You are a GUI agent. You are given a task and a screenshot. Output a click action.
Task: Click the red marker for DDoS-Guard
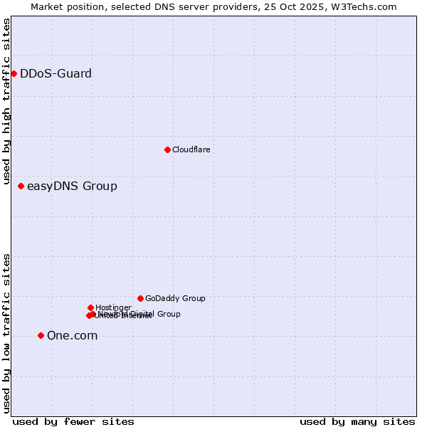coord(14,73)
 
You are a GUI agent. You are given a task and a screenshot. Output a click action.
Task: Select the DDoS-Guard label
coord(56,73)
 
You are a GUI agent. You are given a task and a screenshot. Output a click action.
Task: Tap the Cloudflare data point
coord(167,149)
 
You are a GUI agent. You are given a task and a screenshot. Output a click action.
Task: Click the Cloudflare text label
coord(191,149)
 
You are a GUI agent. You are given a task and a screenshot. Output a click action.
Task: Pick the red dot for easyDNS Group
coord(21,186)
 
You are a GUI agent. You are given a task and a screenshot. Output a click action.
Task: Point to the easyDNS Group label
coord(72,186)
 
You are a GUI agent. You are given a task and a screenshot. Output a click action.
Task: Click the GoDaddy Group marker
coord(140,298)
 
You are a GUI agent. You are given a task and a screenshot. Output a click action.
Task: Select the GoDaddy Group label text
coord(175,298)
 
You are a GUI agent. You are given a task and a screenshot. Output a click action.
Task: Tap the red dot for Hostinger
coord(90,307)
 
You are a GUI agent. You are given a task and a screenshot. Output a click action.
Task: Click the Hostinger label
coord(113,307)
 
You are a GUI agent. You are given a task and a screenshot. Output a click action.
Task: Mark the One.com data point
coord(41,335)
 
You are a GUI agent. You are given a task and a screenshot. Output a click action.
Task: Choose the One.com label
coord(72,336)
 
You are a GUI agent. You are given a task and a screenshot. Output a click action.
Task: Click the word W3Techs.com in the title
coord(367,6)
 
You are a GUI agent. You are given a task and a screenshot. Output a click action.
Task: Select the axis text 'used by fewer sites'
coord(73,421)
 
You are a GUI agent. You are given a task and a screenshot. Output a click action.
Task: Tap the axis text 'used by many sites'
coord(357,421)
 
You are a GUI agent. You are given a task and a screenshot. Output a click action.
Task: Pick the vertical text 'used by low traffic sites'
coord(6,332)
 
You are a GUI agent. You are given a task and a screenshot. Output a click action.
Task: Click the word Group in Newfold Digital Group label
coord(168,314)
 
